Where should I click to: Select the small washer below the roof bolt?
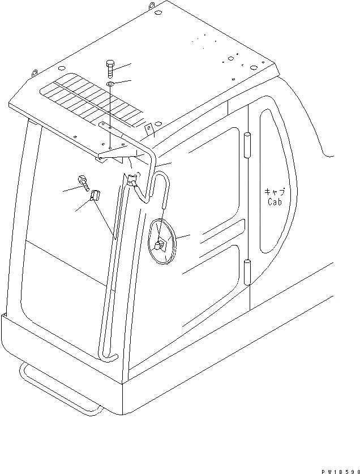tap(110, 85)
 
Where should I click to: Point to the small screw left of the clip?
tap(84, 183)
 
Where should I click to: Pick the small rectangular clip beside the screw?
tap(95, 196)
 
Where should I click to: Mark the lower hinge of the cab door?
tap(247, 272)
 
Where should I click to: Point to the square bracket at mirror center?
tap(159, 245)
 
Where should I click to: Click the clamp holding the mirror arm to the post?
tap(133, 182)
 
